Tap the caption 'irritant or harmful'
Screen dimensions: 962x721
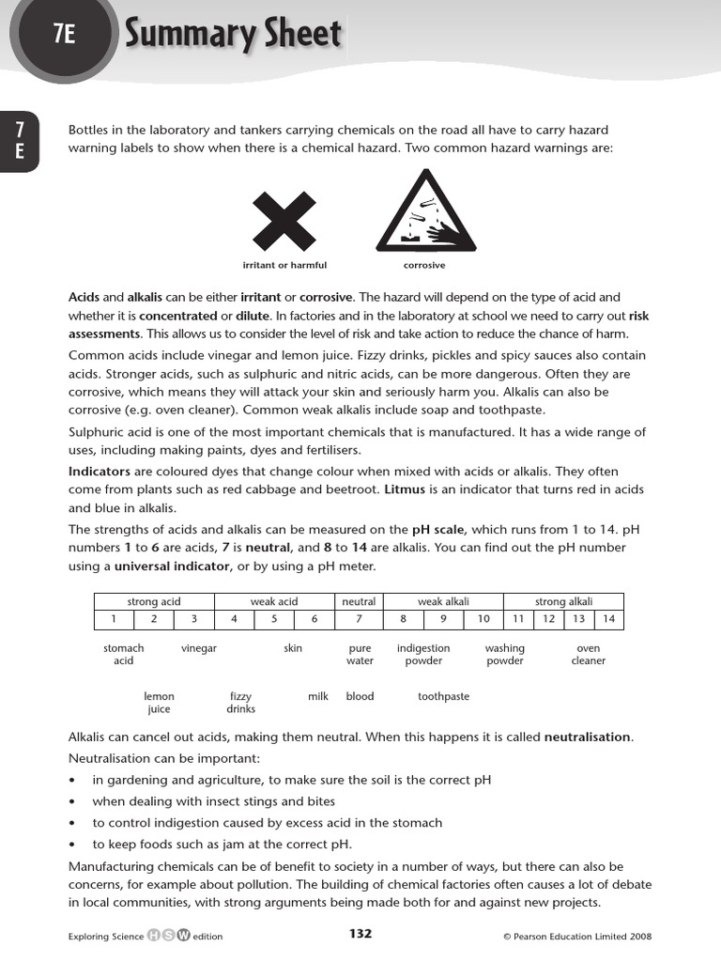click(284, 266)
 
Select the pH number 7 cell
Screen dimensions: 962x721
click(359, 618)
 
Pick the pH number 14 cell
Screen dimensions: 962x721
click(609, 618)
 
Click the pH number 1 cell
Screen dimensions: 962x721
click(114, 618)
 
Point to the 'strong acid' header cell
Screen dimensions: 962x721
click(154, 601)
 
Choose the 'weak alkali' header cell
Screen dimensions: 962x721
click(443, 601)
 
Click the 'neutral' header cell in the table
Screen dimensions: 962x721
click(359, 601)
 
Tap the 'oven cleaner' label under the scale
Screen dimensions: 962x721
click(589, 655)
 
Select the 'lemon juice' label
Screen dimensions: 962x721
click(159, 703)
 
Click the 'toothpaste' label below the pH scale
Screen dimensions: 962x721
click(443, 697)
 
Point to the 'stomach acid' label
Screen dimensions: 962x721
click(124, 655)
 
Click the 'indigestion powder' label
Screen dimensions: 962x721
click(423, 655)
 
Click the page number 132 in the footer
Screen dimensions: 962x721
click(360, 934)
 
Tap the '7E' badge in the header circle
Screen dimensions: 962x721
click(64, 36)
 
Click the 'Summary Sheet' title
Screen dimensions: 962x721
click(233, 34)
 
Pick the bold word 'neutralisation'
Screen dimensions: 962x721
click(588, 737)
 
